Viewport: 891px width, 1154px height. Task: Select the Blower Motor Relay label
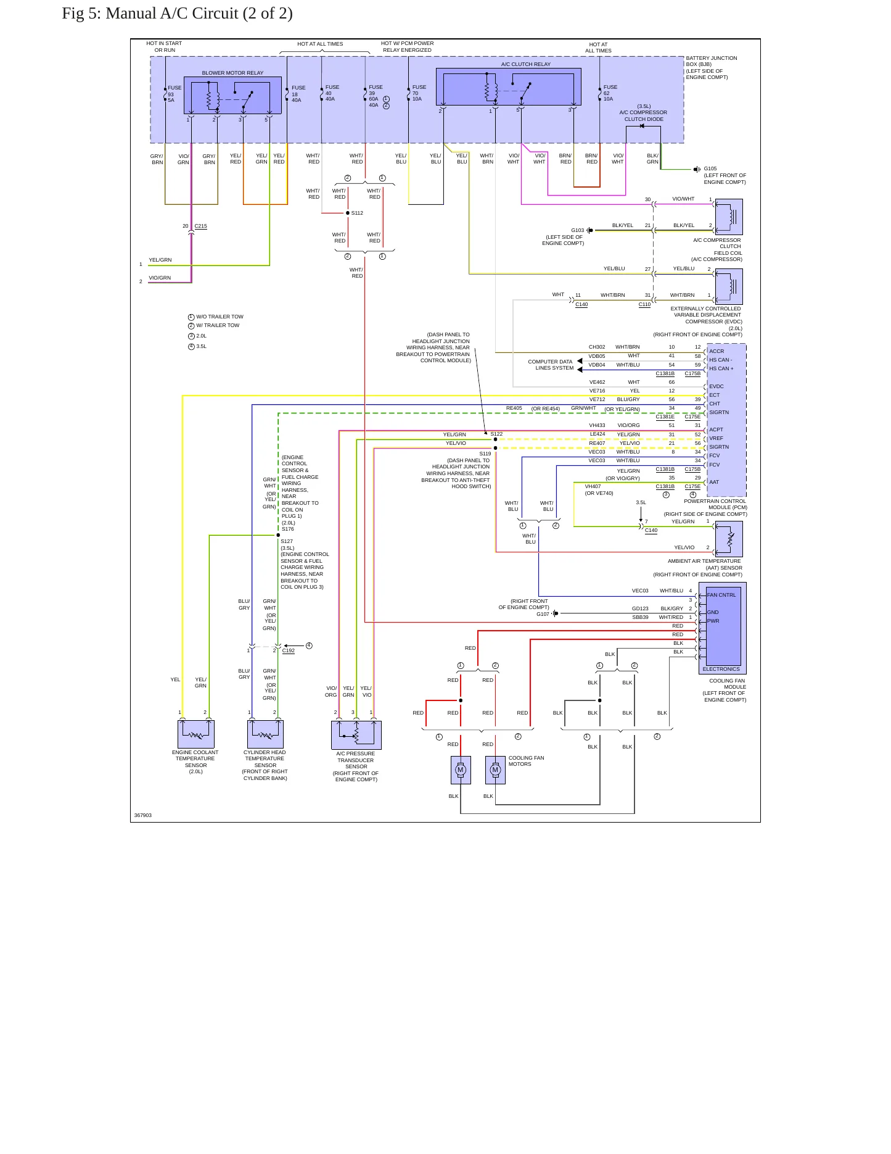232,73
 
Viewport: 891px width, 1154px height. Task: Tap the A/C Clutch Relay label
526,64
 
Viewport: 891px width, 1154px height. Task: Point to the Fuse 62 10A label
610,93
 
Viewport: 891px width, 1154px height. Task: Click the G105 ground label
710,168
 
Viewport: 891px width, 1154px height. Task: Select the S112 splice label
357,213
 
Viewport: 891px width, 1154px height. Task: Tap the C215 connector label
201,226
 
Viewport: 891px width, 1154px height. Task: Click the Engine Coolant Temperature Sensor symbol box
196,734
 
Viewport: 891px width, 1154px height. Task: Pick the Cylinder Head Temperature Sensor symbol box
265,734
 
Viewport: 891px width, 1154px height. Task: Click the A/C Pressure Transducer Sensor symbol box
356,735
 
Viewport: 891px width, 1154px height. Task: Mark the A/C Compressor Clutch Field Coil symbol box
729,217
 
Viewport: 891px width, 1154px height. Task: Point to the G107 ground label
543,614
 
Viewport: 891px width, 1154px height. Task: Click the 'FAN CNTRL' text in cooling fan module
721,595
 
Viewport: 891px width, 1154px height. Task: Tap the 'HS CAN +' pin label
721,368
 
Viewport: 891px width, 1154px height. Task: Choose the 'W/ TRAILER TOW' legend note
218,325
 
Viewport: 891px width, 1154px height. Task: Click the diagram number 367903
143,815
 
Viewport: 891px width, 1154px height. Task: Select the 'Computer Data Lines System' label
551,365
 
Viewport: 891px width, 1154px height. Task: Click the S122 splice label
496,434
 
